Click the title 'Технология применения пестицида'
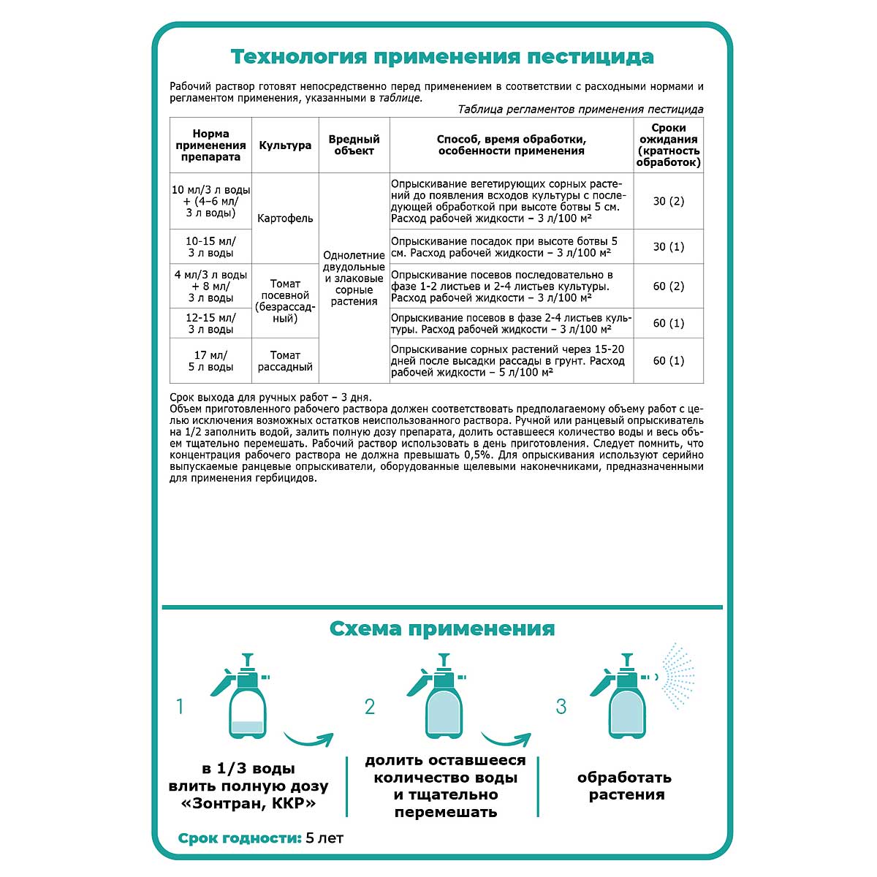[x=442, y=57]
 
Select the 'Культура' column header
[x=285, y=145]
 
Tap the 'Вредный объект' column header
[x=354, y=145]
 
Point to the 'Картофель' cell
[x=285, y=219]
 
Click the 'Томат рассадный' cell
[x=285, y=361]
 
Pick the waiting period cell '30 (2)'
[x=668, y=201]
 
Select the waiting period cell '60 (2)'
[x=668, y=286]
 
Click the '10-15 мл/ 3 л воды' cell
[x=210, y=247]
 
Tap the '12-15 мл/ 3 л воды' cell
[x=210, y=323]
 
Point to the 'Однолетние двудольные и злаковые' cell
[x=354, y=278]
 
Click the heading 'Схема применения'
[x=442, y=629]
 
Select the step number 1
[x=180, y=707]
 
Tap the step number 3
[x=561, y=707]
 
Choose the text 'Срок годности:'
[x=240, y=838]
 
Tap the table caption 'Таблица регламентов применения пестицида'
[x=580, y=110]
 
